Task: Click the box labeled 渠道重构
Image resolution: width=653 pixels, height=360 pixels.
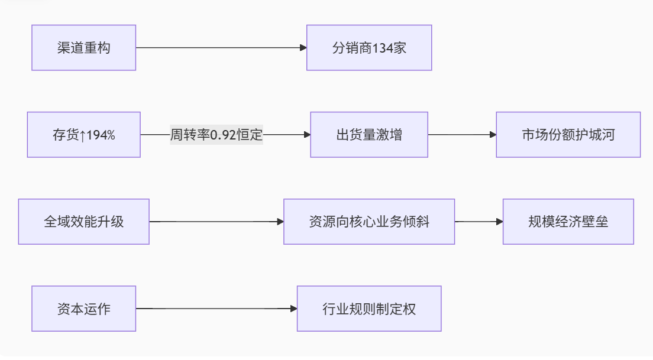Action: [x=83, y=48]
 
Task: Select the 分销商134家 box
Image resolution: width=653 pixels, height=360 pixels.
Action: [x=369, y=48]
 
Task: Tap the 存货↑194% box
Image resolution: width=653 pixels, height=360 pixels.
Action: [x=83, y=135]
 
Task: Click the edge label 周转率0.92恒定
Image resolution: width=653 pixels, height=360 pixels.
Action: [x=216, y=135]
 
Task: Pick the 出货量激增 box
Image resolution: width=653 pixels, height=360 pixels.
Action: [x=369, y=135]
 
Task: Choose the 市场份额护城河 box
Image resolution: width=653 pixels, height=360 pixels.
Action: [x=568, y=135]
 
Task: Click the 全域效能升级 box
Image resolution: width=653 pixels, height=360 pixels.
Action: [x=83, y=222]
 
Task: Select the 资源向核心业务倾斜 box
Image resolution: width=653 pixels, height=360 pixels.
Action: [x=369, y=222]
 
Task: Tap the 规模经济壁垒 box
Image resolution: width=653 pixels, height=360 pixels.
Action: [x=568, y=222]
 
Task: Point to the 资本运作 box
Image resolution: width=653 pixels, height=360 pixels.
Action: [x=83, y=309]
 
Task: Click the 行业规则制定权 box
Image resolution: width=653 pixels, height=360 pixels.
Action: [x=369, y=309]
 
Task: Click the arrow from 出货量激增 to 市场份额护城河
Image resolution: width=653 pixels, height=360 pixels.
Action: [x=461, y=135]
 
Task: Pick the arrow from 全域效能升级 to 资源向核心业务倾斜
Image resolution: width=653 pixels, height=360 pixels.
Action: [x=216, y=222]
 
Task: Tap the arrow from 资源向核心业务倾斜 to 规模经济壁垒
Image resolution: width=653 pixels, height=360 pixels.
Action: [x=478, y=222]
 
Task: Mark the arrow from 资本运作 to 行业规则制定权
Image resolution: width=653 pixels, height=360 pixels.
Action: [x=216, y=309]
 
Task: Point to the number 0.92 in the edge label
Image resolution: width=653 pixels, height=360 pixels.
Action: [x=223, y=135]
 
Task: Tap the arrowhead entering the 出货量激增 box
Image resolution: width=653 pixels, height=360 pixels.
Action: [x=307, y=135]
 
